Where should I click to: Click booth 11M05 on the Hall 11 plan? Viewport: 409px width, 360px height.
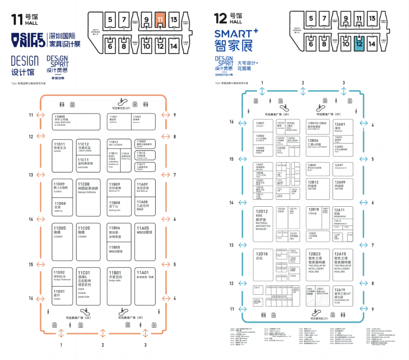tap(76, 122)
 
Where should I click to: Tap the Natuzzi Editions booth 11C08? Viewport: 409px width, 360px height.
tap(88, 197)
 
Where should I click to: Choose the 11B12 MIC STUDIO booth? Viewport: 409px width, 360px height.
tap(119, 144)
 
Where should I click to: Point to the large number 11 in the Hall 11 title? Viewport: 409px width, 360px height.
tap(17, 20)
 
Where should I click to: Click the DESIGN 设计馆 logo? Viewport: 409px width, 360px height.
tap(25, 64)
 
